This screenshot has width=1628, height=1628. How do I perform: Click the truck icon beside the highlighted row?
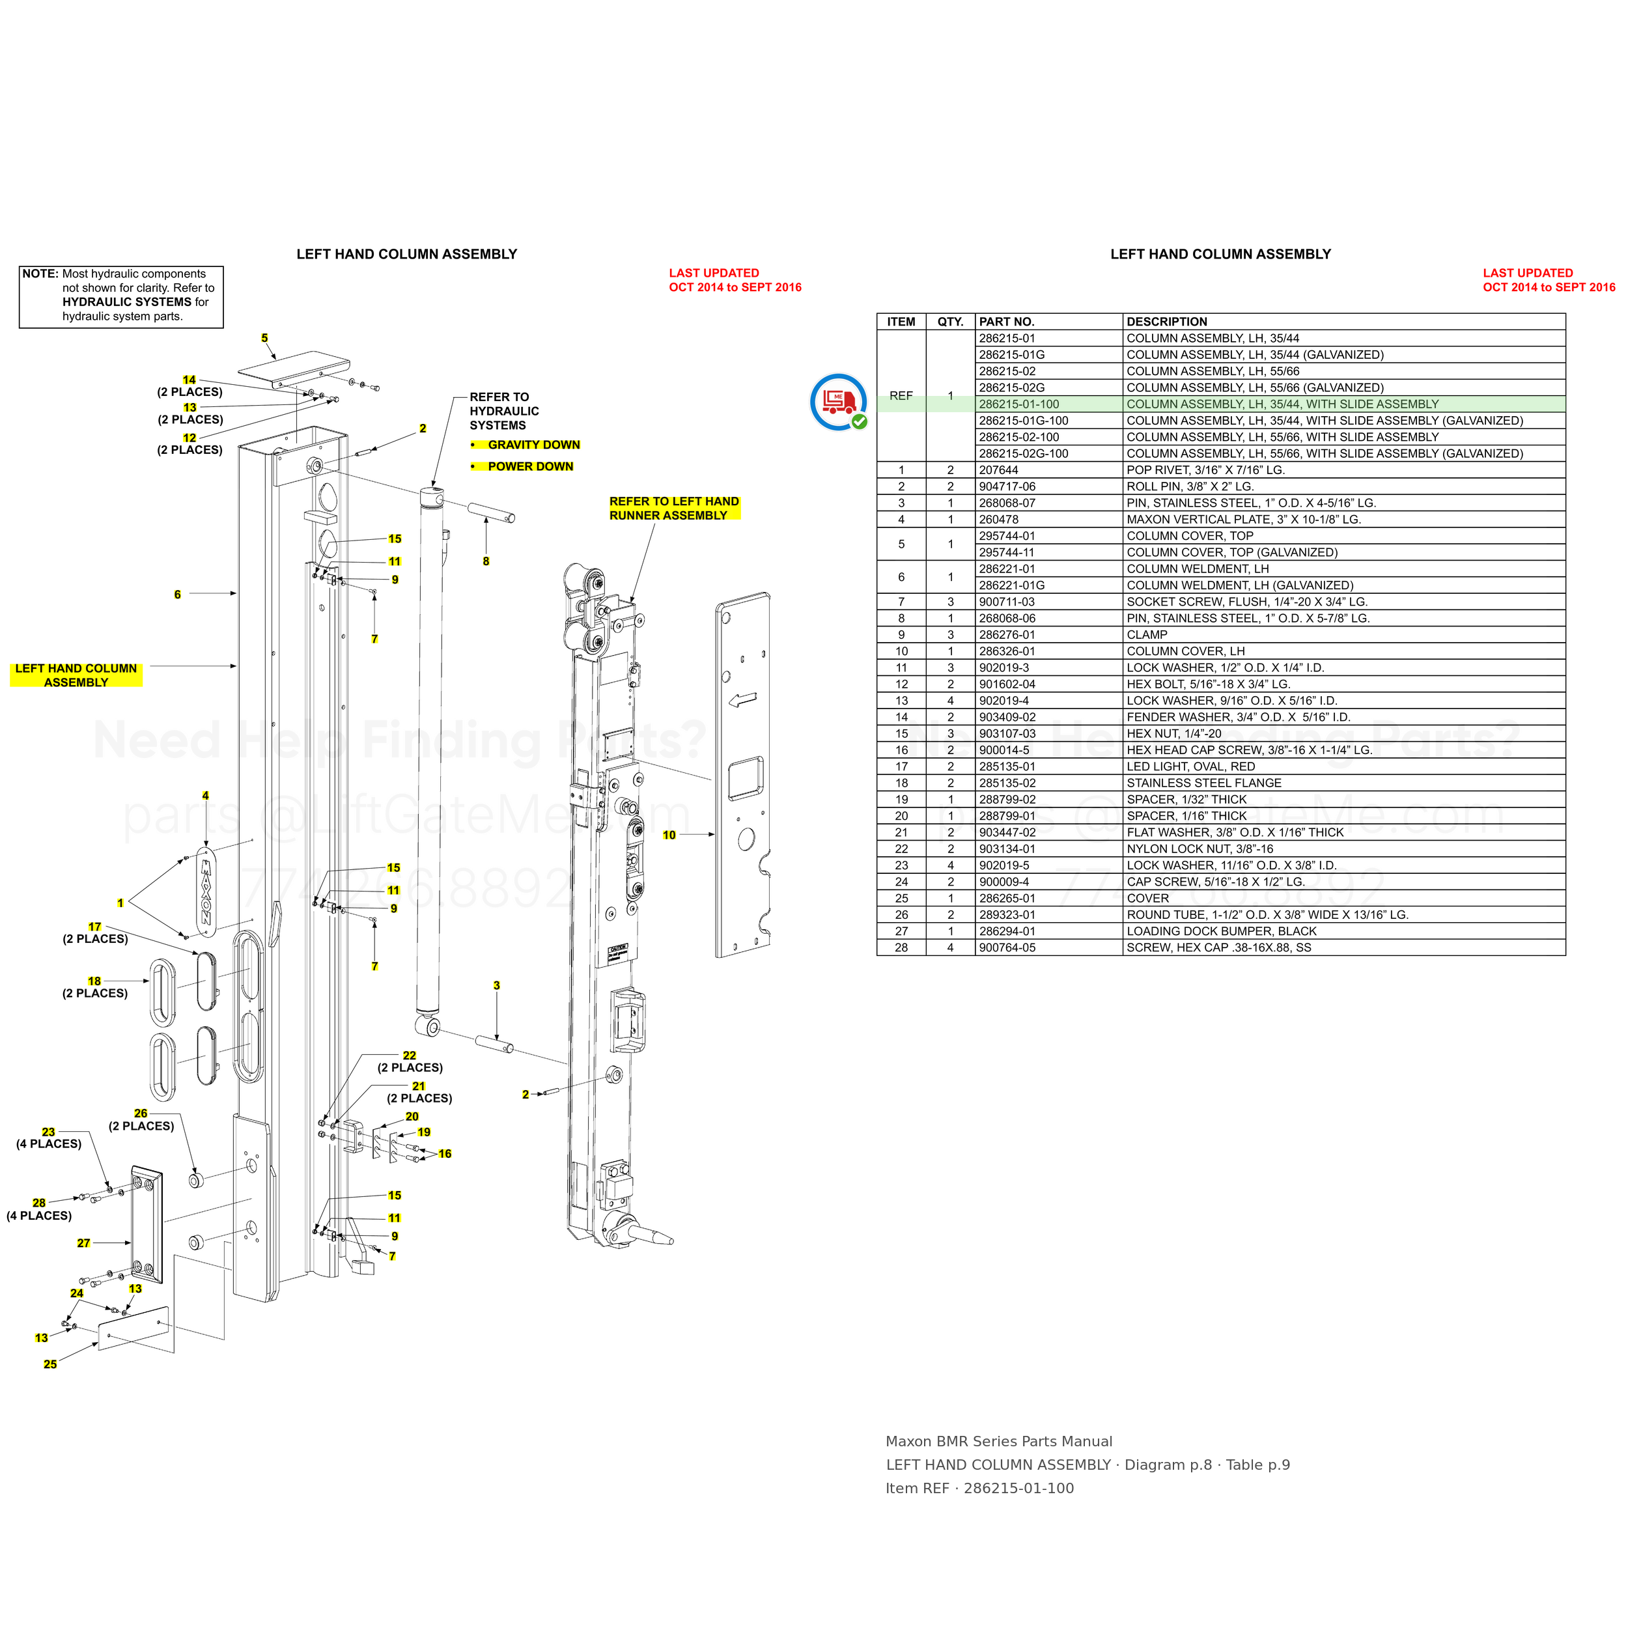pyautogui.click(x=839, y=402)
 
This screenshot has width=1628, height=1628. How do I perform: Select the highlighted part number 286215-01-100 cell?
pyautogui.click(x=1018, y=404)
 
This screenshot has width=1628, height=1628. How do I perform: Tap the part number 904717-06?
pyautogui.click(x=1007, y=486)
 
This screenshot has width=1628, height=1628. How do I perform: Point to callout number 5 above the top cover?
pyautogui.click(x=264, y=338)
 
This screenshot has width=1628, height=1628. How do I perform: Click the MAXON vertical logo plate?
pyautogui.click(x=204, y=891)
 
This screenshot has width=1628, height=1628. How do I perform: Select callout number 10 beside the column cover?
pyautogui.click(x=669, y=835)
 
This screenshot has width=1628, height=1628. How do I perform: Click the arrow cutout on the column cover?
pyautogui.click(x=742, y=699)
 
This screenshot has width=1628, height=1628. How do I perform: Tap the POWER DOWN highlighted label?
pyautogui.click(x=530, y=466)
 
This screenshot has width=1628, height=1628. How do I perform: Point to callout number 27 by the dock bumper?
pyautogui.click(x=83, y=1243)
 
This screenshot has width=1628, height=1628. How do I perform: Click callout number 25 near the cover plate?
pyautogui.click(x=51, y=1364)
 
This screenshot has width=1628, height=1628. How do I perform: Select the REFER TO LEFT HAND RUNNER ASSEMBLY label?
pyautogui.click(x=674, y=508)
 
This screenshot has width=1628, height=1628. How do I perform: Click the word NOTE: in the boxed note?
pyautogui.click(x=40, y=274)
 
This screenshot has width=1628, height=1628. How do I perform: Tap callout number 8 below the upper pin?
pyautogui.click(x=486, y=561)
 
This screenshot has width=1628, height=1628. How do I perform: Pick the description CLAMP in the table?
pyautogui.click(x=1147, y=634)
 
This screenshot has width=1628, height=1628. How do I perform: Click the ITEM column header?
pyautogui.click(x=901, y=322)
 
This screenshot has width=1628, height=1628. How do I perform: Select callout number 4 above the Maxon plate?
pyautogui.click(x=206, y=796)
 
